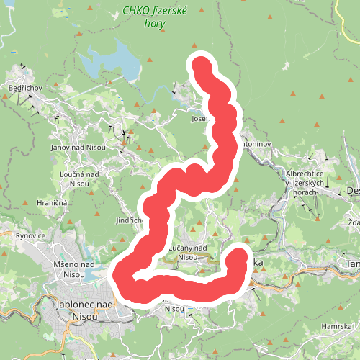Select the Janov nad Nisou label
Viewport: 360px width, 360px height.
click(x=78, y=147)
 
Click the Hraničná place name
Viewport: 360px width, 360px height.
click(x=52, y=204)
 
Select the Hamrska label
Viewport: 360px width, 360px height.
click(x=336, y=326)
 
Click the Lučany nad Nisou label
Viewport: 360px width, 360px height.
click(x=188, y=252)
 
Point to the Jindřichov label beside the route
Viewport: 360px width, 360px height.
click(x=130, y=220)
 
